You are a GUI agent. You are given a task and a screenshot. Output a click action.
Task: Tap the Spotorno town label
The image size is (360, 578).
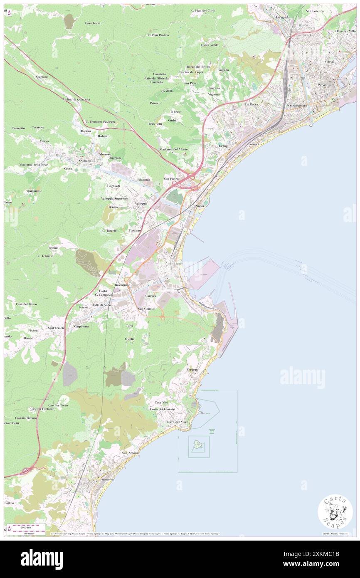pos(108,479)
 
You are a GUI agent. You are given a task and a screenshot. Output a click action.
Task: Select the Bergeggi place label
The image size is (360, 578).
pos(192,370)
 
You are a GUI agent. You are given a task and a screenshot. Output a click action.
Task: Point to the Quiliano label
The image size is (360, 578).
pos(82,160)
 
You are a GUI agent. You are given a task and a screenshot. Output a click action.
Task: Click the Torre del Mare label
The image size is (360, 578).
pos(178,422)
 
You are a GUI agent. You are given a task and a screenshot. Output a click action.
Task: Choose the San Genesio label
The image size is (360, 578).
pos(147,309)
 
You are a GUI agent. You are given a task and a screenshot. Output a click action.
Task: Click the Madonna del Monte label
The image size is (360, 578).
pos(173,149)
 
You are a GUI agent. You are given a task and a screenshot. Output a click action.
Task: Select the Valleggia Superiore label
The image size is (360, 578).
pos(116,199)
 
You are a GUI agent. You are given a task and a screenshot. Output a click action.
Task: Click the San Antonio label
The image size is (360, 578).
pos(130,452)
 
